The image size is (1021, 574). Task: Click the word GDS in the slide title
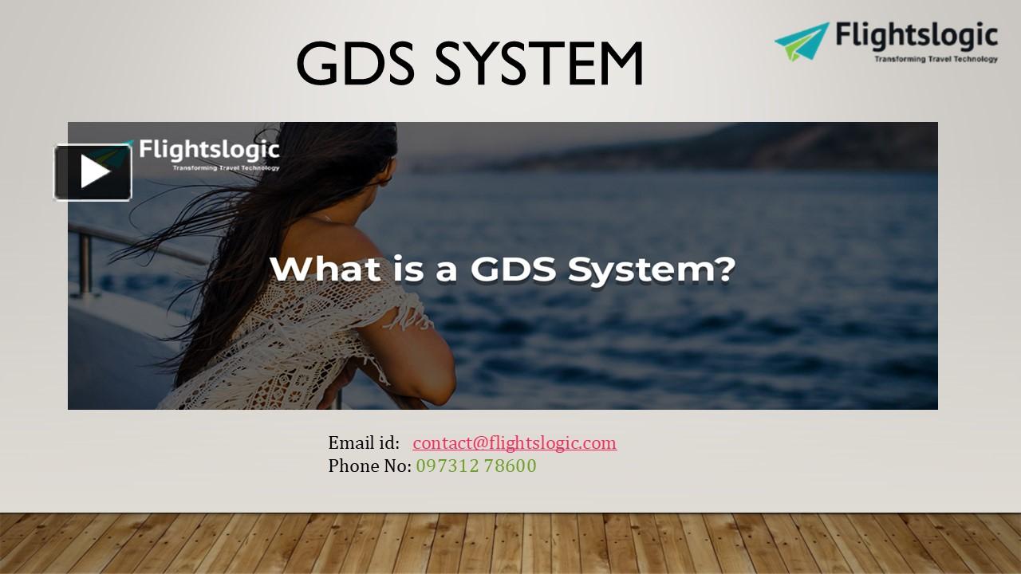355,64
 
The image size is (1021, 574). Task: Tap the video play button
93,172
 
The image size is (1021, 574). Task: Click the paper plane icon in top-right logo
801,41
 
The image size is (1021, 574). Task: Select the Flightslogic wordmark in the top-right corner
917,36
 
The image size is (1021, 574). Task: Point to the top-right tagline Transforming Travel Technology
936,58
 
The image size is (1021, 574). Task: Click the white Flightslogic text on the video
209,150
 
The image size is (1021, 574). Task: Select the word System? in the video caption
651,269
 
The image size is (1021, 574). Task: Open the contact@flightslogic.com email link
514,442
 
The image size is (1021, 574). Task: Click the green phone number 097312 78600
476,466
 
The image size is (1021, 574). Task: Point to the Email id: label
364,442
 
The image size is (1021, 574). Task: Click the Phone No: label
369,466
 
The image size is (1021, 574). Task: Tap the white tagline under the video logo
226,167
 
